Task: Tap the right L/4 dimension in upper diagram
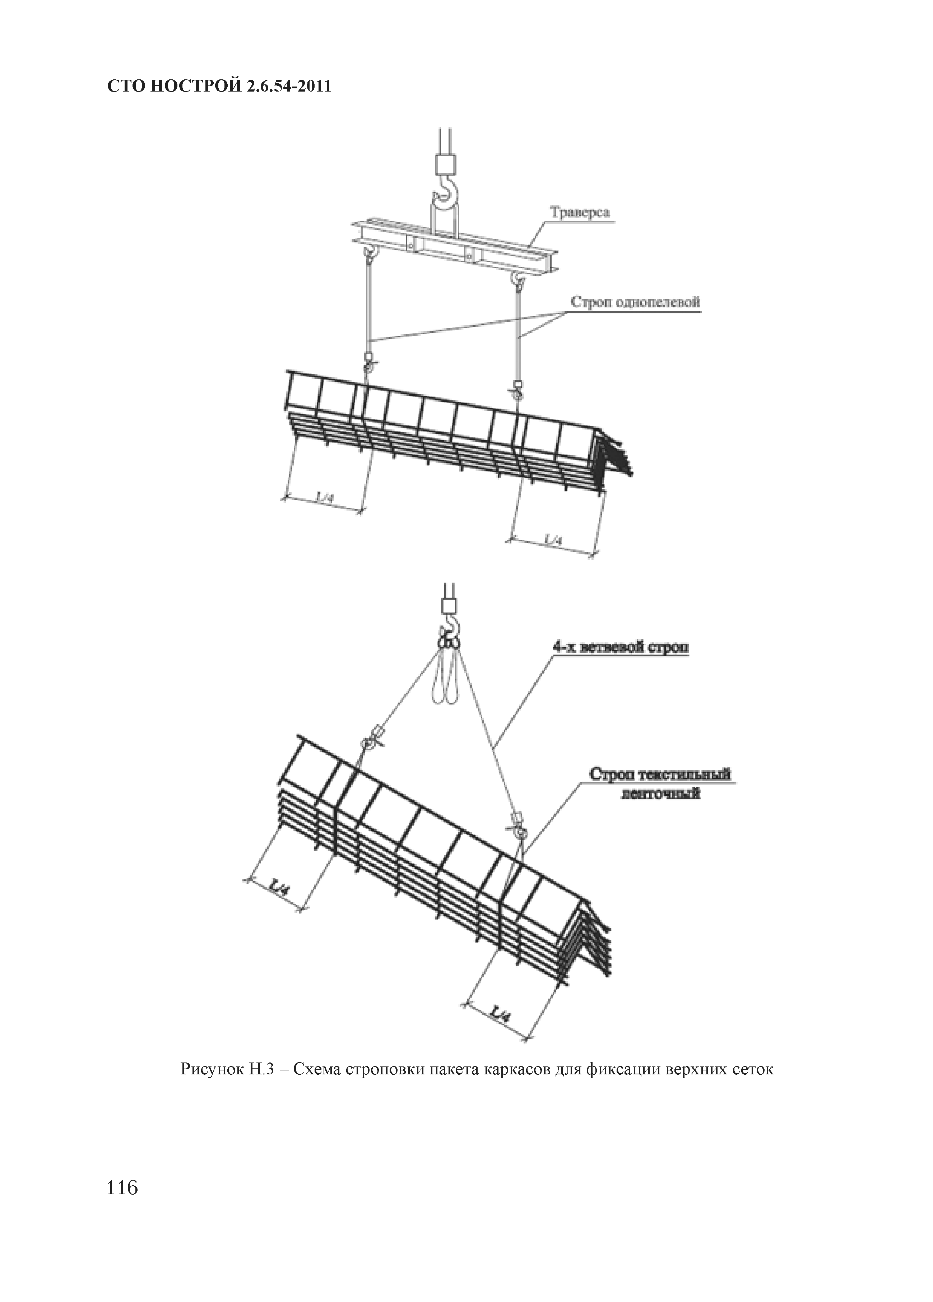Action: coord(553,541)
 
